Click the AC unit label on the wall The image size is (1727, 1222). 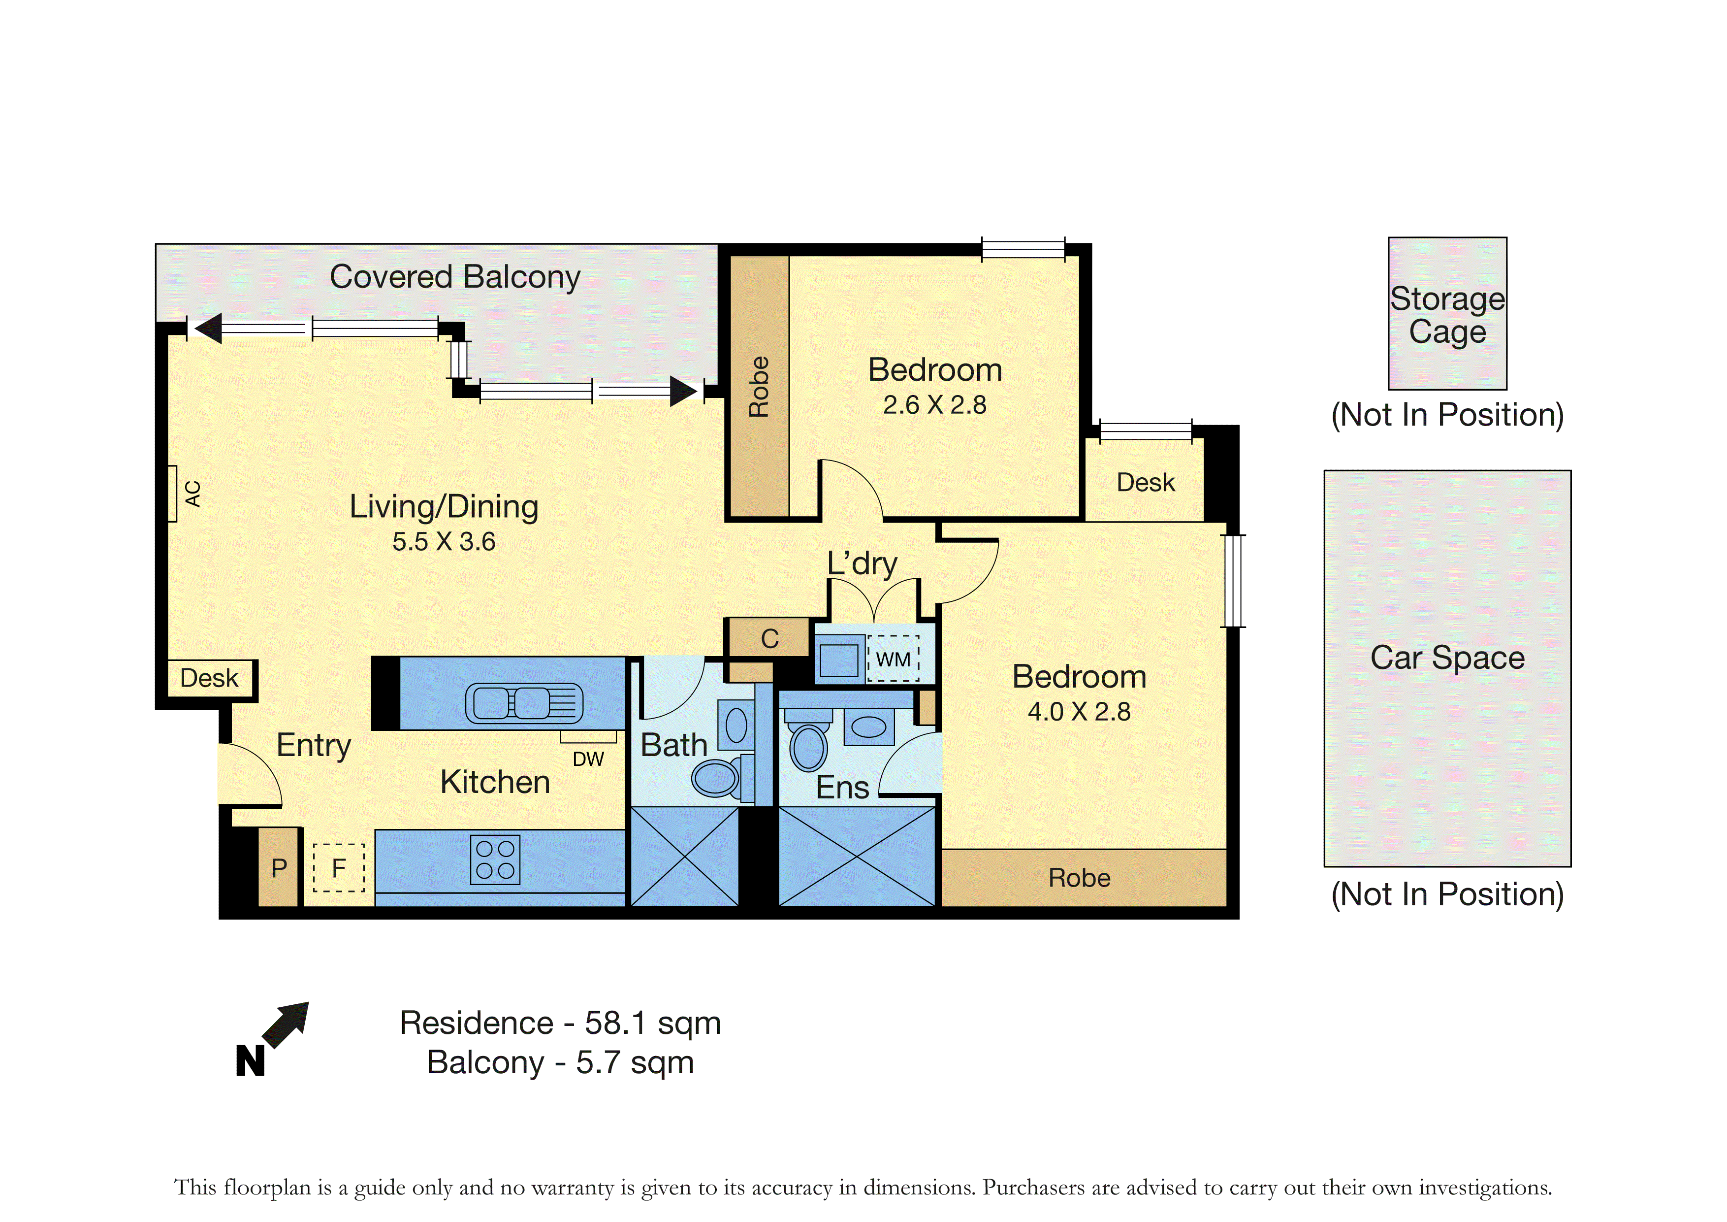click(193, 494)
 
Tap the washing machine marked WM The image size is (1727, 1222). click(894, 659)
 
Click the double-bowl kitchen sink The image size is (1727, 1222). click(524, 703)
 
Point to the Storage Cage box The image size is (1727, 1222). click(1447, 313)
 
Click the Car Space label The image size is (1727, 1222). click(1447, 658)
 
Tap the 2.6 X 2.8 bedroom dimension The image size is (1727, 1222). click(934, 405)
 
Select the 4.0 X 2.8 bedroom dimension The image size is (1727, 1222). click(1079, 711)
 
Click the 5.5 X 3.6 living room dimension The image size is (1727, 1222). click(444, 541)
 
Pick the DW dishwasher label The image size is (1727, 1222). click(588, 759)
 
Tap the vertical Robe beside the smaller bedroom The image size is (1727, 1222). click(759, 387)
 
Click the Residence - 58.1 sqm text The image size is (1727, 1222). click(560, 1024)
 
